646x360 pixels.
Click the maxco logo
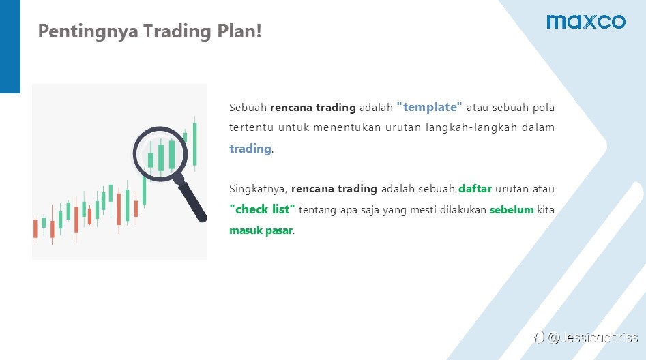[x=586, y=22]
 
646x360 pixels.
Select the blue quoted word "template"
[x=429, y=107]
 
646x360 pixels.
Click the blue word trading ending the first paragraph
[x=250, y=149]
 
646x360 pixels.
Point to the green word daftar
[x=475, y=189]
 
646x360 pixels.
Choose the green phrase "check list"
[x=262, y=209]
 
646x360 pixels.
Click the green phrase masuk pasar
[x=261, y=230]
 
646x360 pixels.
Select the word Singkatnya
[x=258, y=189]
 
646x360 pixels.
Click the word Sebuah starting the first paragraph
[x=248, y=108]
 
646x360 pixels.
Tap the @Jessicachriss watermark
[x=586, y=337]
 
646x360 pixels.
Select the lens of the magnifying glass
[x=160, y=153]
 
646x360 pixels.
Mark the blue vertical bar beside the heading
[x=10, y=46]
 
